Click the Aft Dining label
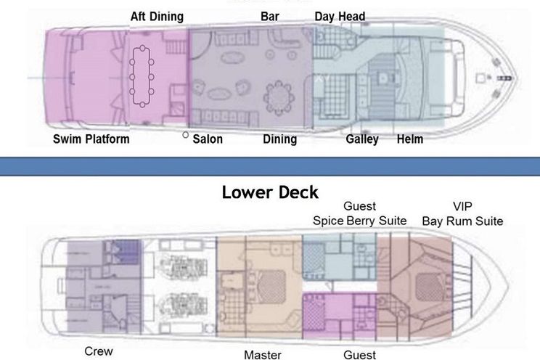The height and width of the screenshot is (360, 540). [x=157, y=17]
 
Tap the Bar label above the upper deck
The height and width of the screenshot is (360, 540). [x=270, y=17]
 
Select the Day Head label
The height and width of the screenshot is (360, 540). [x=340, y=17]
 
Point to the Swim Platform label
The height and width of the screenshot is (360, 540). [x=91, y=139]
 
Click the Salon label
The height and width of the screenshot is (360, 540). [x=208, y=139]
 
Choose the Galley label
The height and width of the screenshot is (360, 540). [x=362, y=139]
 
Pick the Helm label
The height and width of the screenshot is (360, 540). [x=410, y=139]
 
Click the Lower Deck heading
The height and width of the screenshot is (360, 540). [x=270, y=192]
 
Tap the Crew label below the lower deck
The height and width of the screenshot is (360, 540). [x=99, y=351]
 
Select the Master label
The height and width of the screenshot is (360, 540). [x=263, y=355]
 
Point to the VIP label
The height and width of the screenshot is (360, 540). [x=462, y=206]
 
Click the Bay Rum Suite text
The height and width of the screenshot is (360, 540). [x=462, y=221]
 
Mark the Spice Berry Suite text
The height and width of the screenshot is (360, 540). [x=359, y=221]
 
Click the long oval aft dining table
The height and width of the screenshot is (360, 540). [x=142, y=76]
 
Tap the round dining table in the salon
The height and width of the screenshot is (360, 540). [x=279, y=95]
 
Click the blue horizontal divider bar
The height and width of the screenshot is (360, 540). [x=270, y=167]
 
